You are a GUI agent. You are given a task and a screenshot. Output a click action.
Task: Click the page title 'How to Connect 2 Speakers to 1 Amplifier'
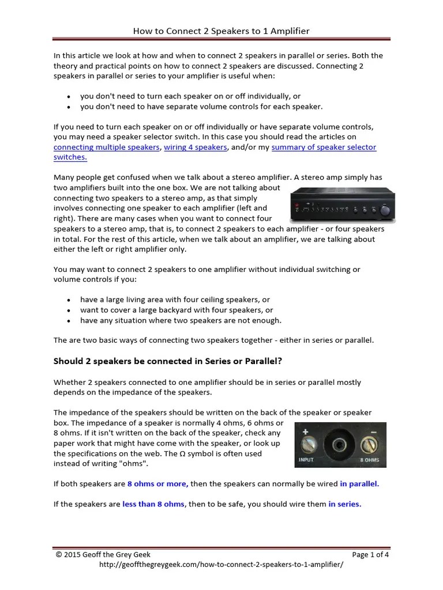(x=221, y=31)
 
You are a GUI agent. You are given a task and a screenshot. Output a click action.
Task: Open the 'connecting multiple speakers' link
(x=106, y=147)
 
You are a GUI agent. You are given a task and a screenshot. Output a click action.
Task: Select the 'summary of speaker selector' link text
(x=324, y=147)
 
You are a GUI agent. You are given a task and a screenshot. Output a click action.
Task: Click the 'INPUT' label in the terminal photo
(x=306, y=460)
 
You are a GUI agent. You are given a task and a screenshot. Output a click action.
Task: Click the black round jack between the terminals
(x=337, y=445)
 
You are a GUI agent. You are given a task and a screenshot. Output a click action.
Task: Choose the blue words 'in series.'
(x=345, y=504)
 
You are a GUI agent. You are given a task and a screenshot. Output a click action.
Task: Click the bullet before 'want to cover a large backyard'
(x=69, y=311)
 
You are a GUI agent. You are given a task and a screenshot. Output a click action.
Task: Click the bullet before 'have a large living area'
(x=69, y=300)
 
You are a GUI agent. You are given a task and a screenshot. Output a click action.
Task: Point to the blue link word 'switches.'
(x=70, y=157)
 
